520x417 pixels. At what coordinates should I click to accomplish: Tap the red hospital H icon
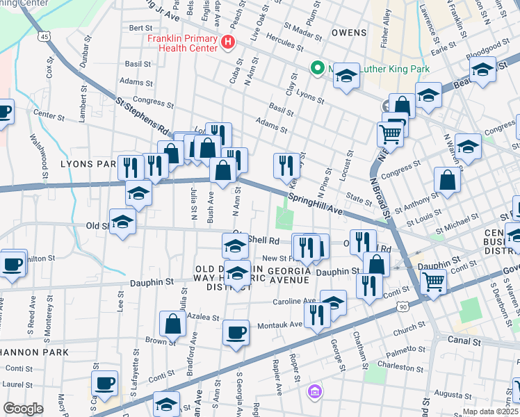[x=227, y=44]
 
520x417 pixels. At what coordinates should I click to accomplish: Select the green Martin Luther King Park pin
[x=318, y=69]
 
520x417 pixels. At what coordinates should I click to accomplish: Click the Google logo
[x=23, y=408]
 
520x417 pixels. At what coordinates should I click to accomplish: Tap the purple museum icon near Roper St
[x=314, y=391]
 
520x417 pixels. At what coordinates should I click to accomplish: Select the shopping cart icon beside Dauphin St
[x=434, y=281]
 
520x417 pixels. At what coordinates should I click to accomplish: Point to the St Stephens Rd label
[x=143, y=116]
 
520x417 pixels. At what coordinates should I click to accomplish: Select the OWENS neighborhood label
[x=348, y=32]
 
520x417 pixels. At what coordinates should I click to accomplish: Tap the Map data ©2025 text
[x=491, y=411]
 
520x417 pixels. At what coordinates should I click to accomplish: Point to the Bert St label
[x=140, y=27]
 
